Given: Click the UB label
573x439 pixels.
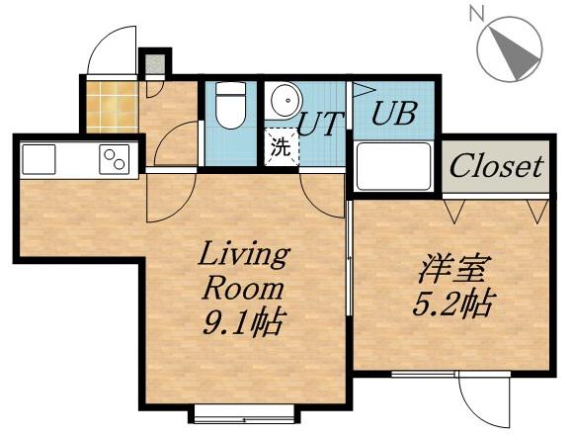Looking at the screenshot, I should pos(391,112).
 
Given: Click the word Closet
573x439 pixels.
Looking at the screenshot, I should pos(496,166).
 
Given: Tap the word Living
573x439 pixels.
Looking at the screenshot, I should pos(243,254).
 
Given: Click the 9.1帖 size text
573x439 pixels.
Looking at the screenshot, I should pos(243,321).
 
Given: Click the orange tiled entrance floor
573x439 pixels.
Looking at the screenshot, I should pos(110,106).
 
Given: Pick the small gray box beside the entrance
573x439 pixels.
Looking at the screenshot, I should pos(154,66).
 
